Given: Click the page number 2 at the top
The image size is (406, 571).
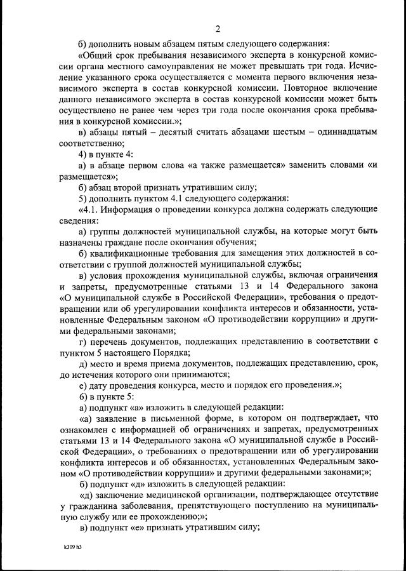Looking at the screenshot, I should [218, 29].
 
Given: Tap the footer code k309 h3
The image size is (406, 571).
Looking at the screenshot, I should [72, 546].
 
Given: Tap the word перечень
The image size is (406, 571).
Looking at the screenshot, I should [111, 341].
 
